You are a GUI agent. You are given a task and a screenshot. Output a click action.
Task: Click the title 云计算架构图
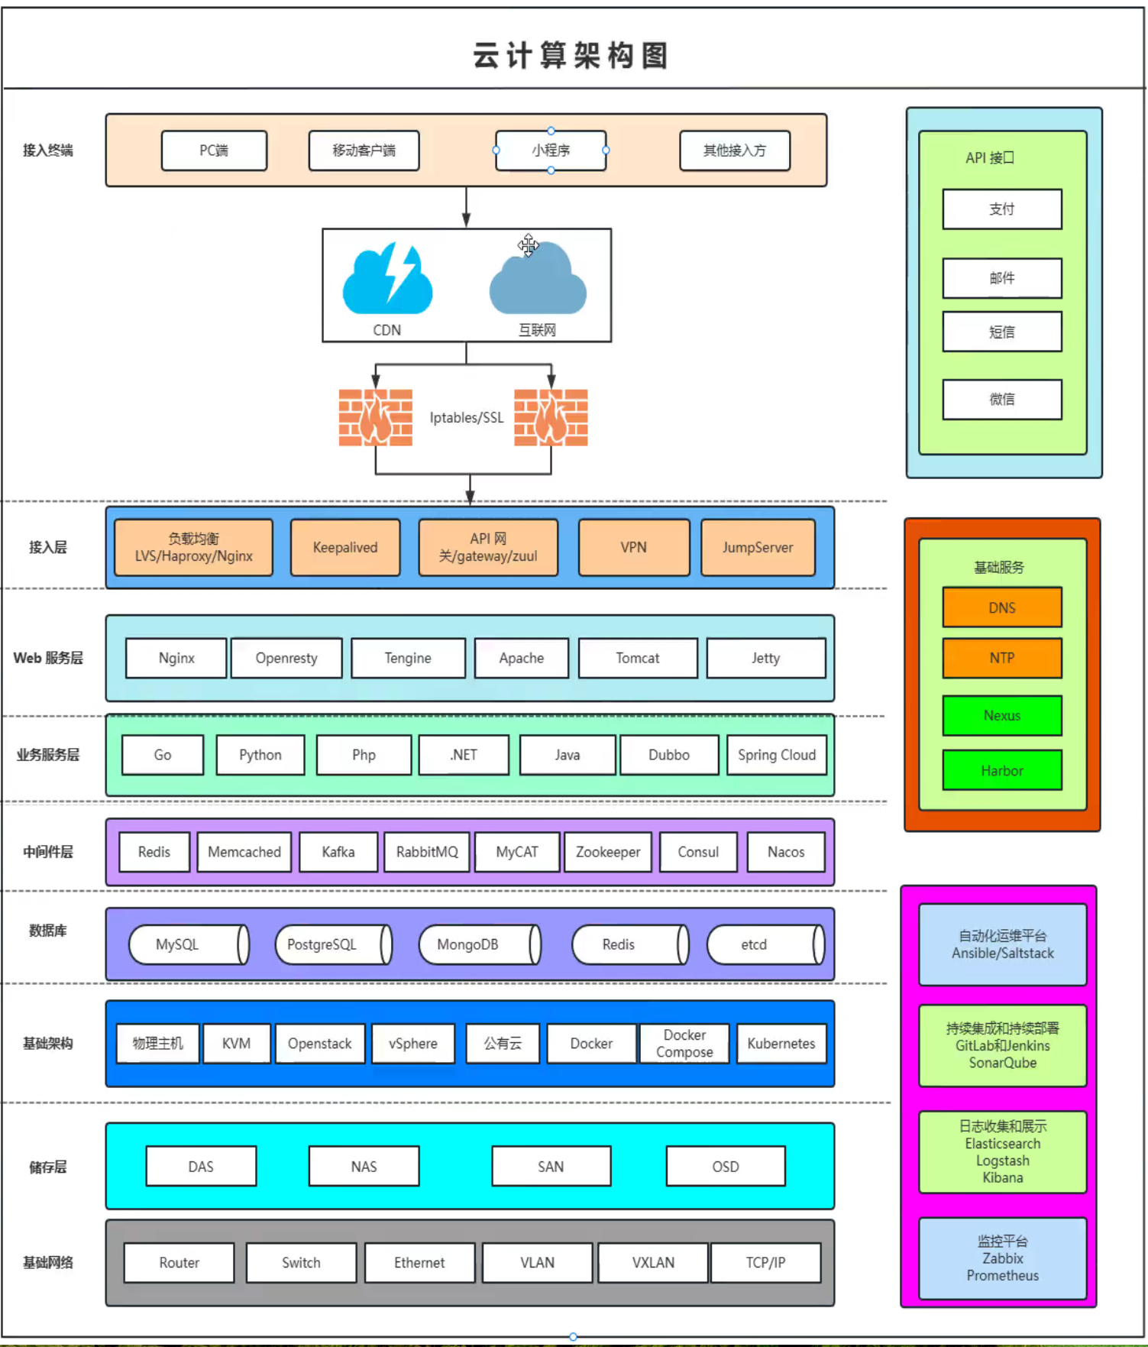pos(571,55)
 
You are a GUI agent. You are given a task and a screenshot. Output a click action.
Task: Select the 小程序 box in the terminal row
pos(551,151)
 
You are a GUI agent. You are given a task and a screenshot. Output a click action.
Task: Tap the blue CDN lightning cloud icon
pos(387,280)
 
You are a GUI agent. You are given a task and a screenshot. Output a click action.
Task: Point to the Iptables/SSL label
pos(466,418)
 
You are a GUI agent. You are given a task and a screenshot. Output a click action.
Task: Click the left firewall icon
pos(376,417)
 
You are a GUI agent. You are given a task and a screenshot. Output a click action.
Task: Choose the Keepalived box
pos(345,548)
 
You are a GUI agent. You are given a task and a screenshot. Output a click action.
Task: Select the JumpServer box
pos(758,548)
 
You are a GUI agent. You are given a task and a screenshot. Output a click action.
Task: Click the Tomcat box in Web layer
pos(638,659)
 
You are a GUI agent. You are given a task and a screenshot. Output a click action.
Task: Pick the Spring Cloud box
pos(777,755)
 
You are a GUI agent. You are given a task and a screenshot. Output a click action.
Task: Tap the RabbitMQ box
pos(427,852)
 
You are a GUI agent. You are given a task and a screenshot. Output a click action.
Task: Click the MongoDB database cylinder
pos(478,945)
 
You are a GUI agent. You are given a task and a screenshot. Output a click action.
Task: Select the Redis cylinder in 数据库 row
pos(629,945)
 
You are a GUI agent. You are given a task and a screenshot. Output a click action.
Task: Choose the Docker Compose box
pos(684,1044)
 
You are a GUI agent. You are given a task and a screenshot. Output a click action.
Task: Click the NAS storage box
pos(364,1167)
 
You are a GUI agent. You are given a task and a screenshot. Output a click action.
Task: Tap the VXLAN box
pos(653,1263)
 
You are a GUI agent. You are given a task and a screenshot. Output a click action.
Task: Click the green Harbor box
pos(1002,771)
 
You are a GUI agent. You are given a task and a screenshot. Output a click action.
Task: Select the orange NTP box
pos(1002,659)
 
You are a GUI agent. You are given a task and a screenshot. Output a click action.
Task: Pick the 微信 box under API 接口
pos(1002,400)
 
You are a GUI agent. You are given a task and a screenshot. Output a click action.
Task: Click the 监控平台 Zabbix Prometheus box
pos(1002,1258)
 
